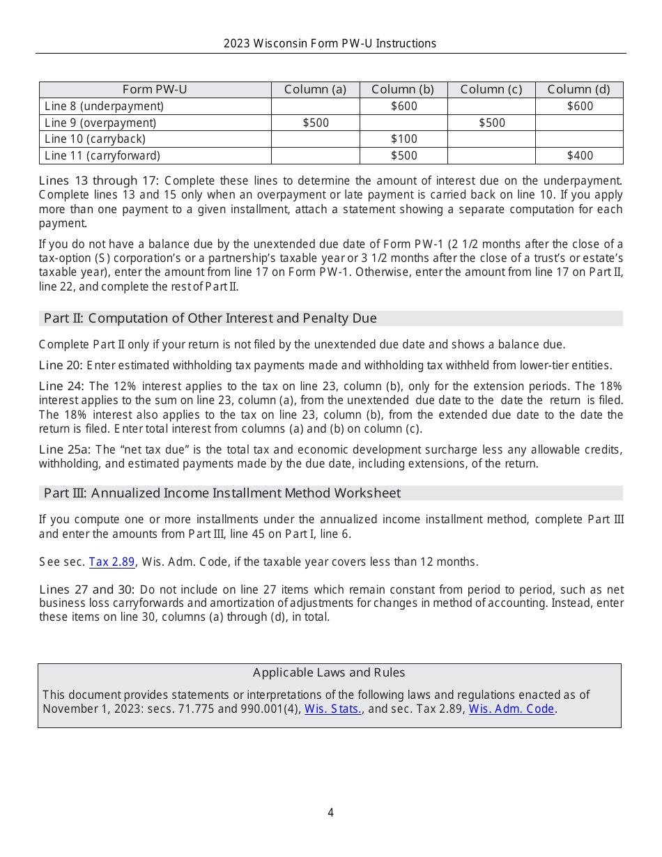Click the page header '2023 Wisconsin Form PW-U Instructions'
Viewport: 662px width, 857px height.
click(x=330, y=43)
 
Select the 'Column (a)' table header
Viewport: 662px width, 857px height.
click(x=315, y=89)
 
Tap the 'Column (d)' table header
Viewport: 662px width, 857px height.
click(x=578, y=89)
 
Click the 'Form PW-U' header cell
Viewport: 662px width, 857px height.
click(x=155, y=89)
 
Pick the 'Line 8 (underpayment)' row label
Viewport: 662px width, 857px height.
click(x=104, y=106)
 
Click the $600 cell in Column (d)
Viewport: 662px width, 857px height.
click(x=580, y=106)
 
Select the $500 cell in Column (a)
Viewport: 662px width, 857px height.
click(x=316, y=123)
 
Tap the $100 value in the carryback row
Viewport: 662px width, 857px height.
click(x=403, y=139)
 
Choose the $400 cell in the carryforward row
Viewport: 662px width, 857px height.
click(x=580, y=156)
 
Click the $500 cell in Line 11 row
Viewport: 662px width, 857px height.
click(x=403, y=156)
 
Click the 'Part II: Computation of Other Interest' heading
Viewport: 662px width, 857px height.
click(x=210, y=318)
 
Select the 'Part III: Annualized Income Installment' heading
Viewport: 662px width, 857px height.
click(x=222, y=493)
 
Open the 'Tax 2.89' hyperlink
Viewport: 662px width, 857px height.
click(x=111, y=562)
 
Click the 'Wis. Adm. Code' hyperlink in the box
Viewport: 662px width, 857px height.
click(x=511, y=709)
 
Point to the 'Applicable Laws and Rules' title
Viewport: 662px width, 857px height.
click(x=329, y=672)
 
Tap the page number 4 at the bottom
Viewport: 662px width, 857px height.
click(x=330, y=812)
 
